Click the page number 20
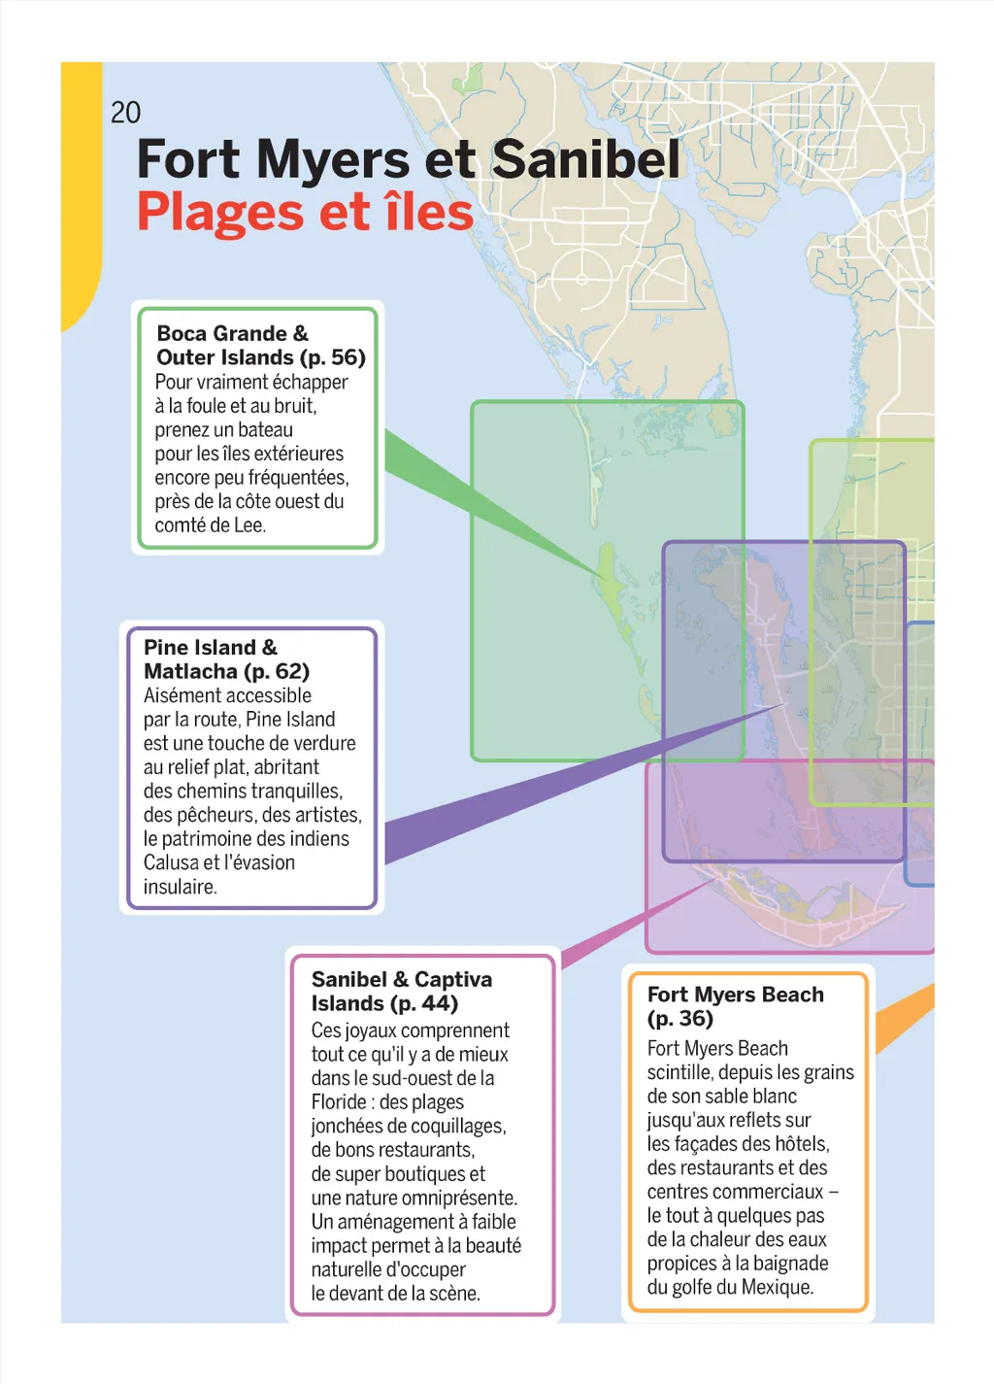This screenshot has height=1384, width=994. coord(125,113)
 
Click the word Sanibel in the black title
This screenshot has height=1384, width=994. coord(586,159)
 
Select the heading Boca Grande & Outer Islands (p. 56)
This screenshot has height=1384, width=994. coord(260,346)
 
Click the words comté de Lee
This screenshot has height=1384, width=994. coord(210,525)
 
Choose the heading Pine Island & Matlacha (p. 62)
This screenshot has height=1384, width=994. coord(226,659)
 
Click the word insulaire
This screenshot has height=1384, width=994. coord(180,887)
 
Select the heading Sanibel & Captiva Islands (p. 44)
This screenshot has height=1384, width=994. coord(401,992)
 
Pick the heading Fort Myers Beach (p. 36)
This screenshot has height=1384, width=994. coord(735,1006)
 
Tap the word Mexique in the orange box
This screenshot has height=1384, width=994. coord(778,1288)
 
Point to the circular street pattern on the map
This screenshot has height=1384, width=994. coord(581,279)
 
